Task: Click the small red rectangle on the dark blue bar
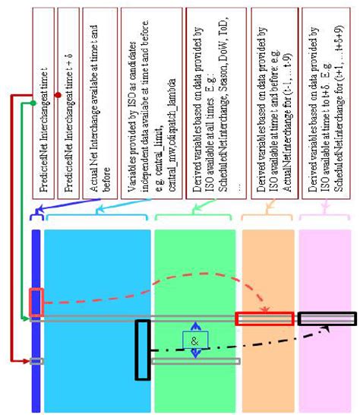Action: tap(36, 301)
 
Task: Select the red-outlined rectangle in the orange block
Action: tap(264, 318)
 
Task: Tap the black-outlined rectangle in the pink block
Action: tap(327, 318)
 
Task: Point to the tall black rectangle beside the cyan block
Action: tap(143, 350)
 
